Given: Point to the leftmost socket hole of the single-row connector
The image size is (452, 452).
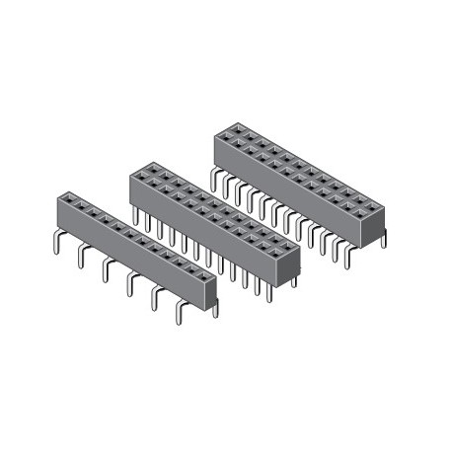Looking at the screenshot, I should [68, 196].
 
